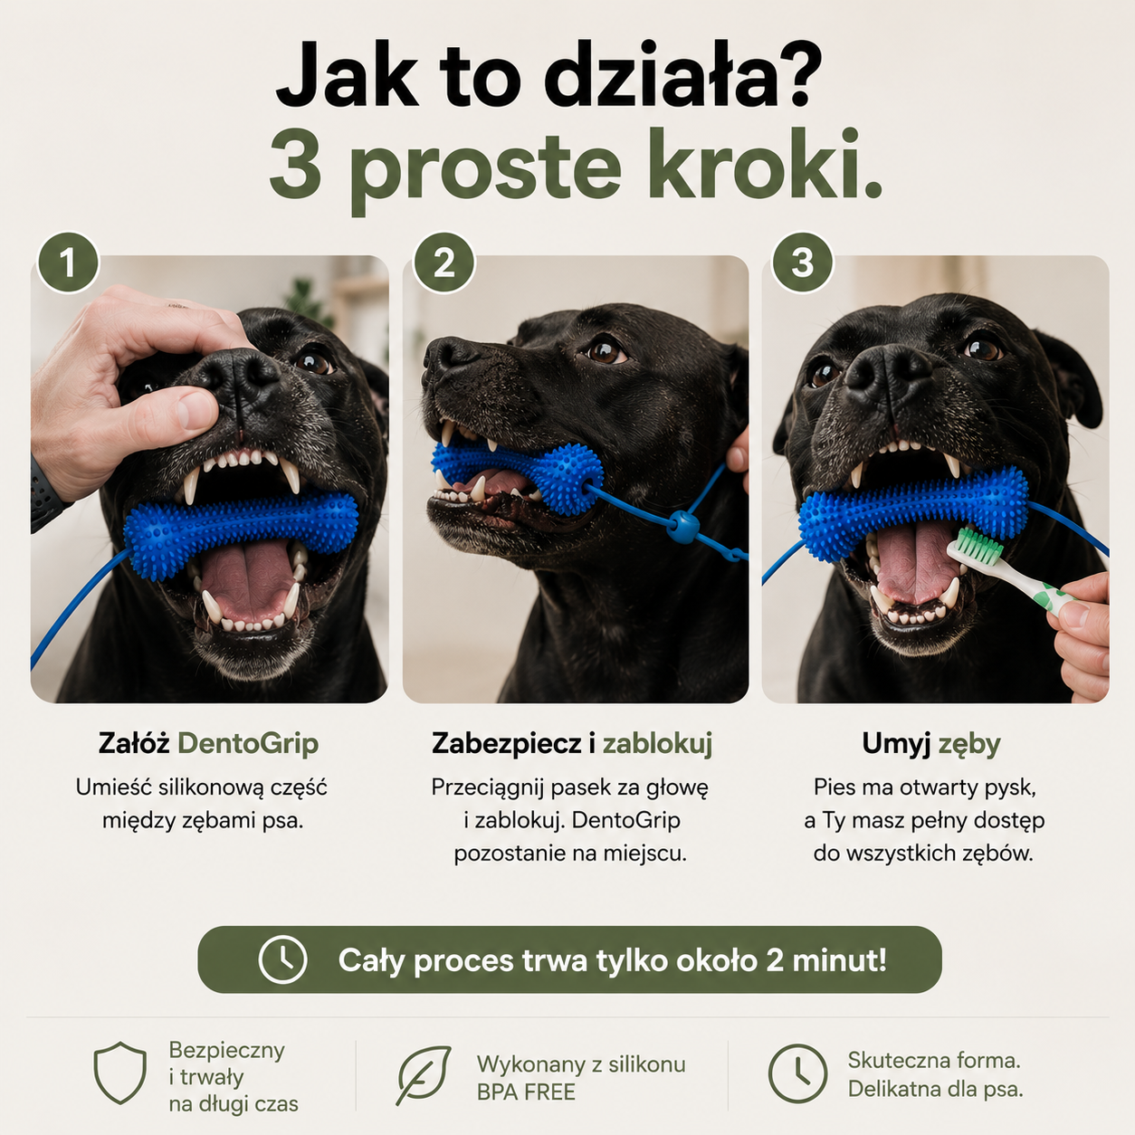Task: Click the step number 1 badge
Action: tap(68, 262)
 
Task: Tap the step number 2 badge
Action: tap(444, 262)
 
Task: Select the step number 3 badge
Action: tap(802, 262)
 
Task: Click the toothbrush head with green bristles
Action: tap(974, 546)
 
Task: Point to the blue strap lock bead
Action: tap(682, 527)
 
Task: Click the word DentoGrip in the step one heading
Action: tap(248, 744)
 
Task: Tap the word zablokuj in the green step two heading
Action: tap(657, 744)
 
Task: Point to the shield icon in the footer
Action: tap(120, 1072)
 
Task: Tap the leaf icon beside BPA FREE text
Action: tap(423, 1074)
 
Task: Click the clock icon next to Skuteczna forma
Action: tap(797, 1073)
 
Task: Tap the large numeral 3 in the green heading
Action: tap(294, 163)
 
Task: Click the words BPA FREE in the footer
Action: tap(526, 1092)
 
